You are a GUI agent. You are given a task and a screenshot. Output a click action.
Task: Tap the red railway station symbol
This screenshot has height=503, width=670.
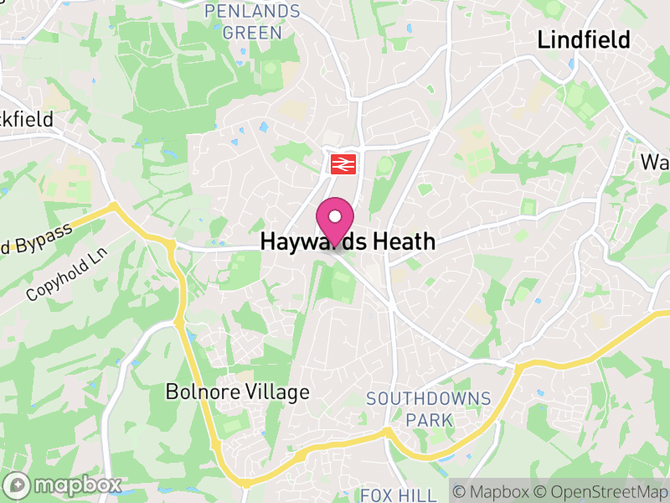pos(342,163)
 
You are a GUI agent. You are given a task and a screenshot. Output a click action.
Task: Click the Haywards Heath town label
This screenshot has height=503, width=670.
pos(348,242)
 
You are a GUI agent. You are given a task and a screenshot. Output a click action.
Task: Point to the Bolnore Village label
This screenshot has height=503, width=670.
pos(237,392)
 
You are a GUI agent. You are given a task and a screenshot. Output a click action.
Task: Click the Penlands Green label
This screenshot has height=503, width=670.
pos(252,22)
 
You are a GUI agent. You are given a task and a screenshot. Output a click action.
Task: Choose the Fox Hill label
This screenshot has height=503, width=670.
pos(399,495)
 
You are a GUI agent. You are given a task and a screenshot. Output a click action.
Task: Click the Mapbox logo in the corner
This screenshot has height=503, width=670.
pos(63,485)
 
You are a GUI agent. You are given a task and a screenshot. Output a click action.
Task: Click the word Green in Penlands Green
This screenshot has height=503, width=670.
pos(252,33)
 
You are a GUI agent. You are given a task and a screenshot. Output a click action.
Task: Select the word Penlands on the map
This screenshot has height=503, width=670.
pos(252,12)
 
